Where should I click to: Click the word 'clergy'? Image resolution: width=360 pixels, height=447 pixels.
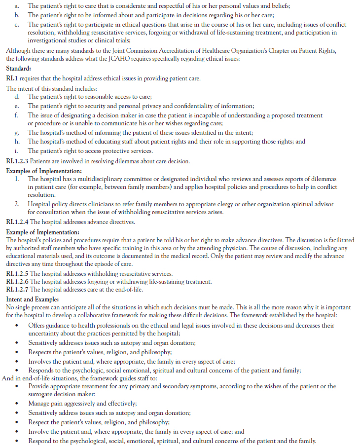point(210,204)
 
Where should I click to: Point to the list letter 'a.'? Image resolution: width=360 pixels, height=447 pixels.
point(17,5)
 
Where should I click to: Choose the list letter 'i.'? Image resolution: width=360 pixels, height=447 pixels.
point(17,150)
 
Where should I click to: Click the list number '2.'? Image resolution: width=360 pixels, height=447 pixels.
point(17,204)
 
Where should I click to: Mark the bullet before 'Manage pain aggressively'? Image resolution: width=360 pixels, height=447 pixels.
point(18,404)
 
